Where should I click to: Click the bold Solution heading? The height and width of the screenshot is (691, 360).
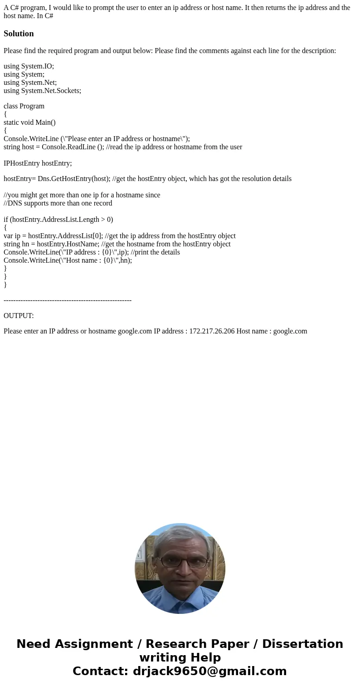19,34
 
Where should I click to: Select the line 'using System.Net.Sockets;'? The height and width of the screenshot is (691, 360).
42,91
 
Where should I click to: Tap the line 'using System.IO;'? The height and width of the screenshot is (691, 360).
29,66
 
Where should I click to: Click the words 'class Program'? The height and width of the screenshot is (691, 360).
24,106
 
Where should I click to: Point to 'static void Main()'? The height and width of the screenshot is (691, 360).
29,123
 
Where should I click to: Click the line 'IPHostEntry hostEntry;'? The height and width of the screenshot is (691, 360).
38,163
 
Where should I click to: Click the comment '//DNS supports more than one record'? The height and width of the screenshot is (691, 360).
58,203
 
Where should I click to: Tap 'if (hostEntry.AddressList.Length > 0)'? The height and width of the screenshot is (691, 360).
58,220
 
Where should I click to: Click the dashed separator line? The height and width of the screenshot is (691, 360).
68,300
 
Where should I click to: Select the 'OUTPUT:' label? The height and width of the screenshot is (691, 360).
19,316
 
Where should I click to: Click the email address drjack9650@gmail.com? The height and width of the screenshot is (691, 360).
209,671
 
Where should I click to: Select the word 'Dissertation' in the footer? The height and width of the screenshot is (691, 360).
302,644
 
